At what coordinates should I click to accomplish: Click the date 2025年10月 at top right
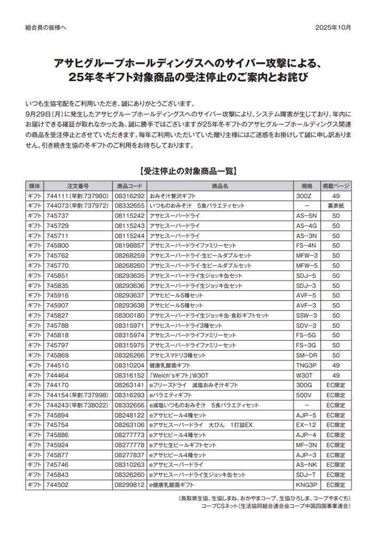click(x=333, y=27)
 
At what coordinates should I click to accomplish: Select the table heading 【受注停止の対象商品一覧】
click(x=187, y=171)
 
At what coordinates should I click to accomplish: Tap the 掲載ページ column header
click(x=336, y=186)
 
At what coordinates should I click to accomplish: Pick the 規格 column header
click(x=307, y=186)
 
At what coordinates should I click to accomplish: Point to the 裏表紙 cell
click(x=336, y=206)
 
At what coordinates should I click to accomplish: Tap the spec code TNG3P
click(x=307, y=365)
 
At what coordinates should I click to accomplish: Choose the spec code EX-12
click(x=307, y=425)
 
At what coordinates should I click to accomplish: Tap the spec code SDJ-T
click(x=307, y=475)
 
